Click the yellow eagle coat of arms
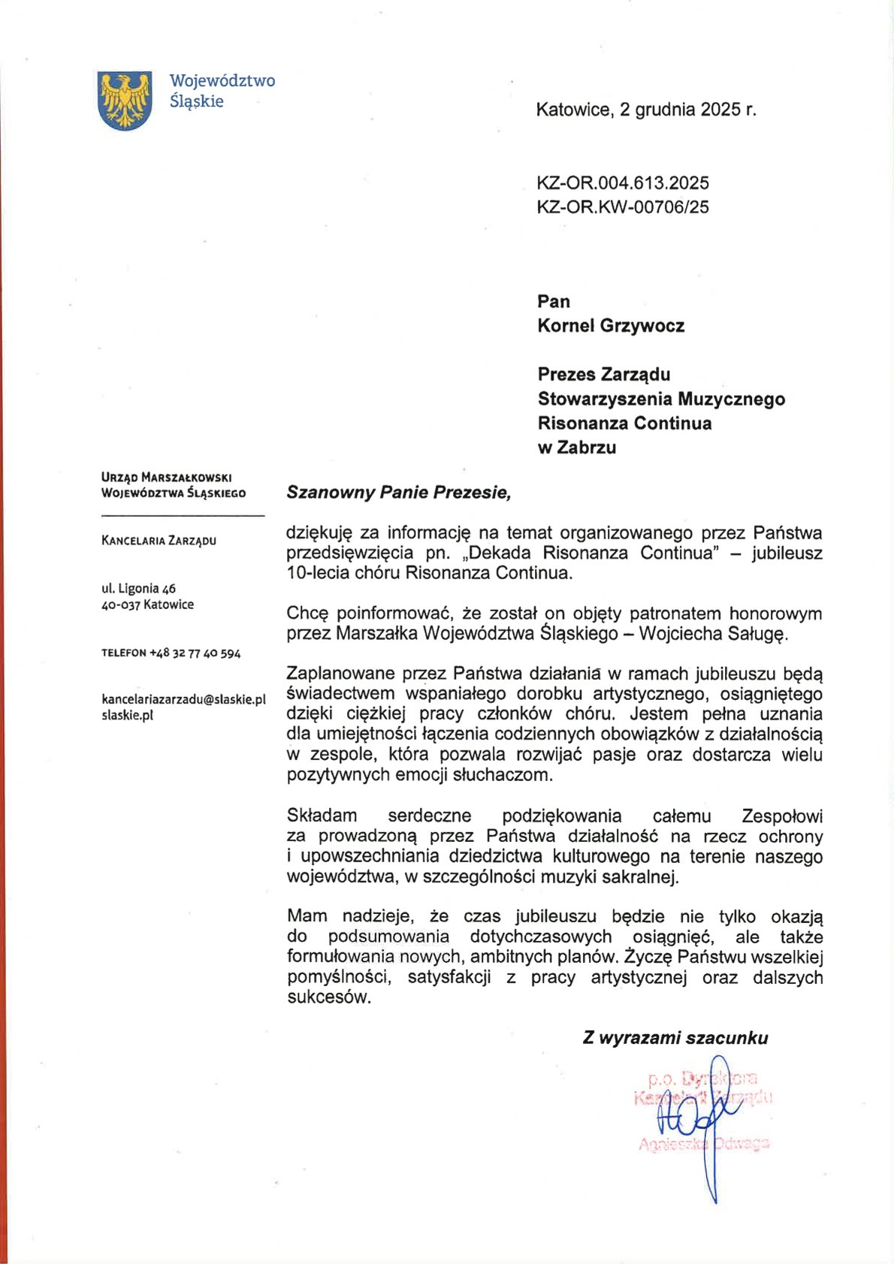(125, 100)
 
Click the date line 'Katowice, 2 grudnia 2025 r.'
(645, 110)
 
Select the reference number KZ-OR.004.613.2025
(622, 183)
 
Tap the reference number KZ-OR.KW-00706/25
(622, 207)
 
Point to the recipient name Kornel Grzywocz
(610, 326)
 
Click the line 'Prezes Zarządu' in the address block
(603, 374)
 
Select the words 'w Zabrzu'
(576, 448)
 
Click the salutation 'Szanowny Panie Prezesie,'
(398, 493)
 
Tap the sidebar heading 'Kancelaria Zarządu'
(159, 541)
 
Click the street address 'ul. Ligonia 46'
(138, 588)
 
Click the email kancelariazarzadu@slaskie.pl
(183, 699)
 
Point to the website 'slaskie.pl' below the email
(127, 716)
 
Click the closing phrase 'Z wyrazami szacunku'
(675, 1038)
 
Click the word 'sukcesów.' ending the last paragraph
(329, 997)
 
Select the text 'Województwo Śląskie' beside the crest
(222, 91)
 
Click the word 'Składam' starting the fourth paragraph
(322, 816)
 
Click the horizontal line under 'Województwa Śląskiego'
(183, 516)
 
